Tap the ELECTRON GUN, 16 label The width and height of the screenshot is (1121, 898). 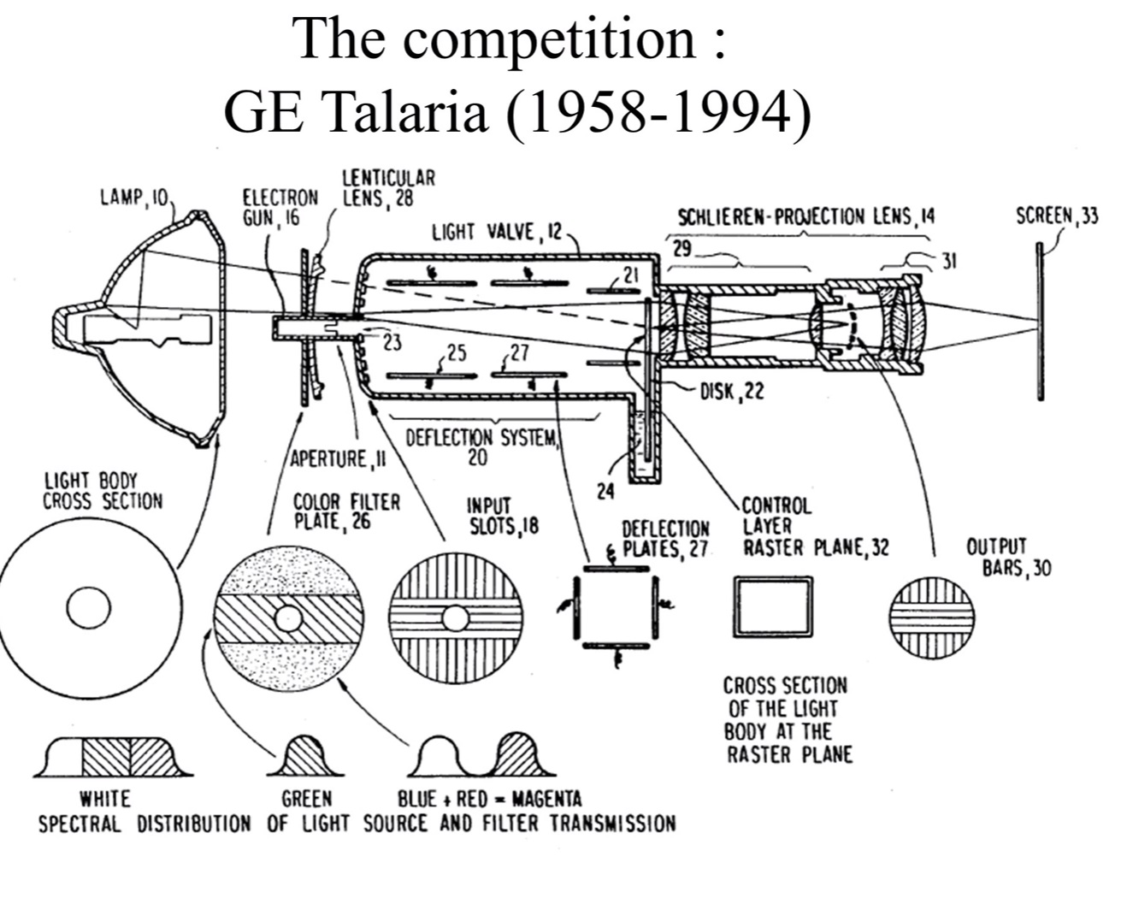click(279, 207)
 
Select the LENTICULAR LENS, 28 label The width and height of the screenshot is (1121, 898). click(388, 188)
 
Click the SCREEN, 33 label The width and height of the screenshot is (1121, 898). click(1056, 216)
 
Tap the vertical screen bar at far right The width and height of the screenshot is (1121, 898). click(1040, 322)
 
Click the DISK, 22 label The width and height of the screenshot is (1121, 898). click(732, 391)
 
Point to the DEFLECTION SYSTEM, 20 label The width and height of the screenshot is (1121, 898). click(481, 446)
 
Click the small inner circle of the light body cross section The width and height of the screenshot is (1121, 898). click(89, 609)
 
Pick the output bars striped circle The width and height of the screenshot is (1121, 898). click(931, 617)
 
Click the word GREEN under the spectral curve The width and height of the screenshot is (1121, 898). click(306, 799)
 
